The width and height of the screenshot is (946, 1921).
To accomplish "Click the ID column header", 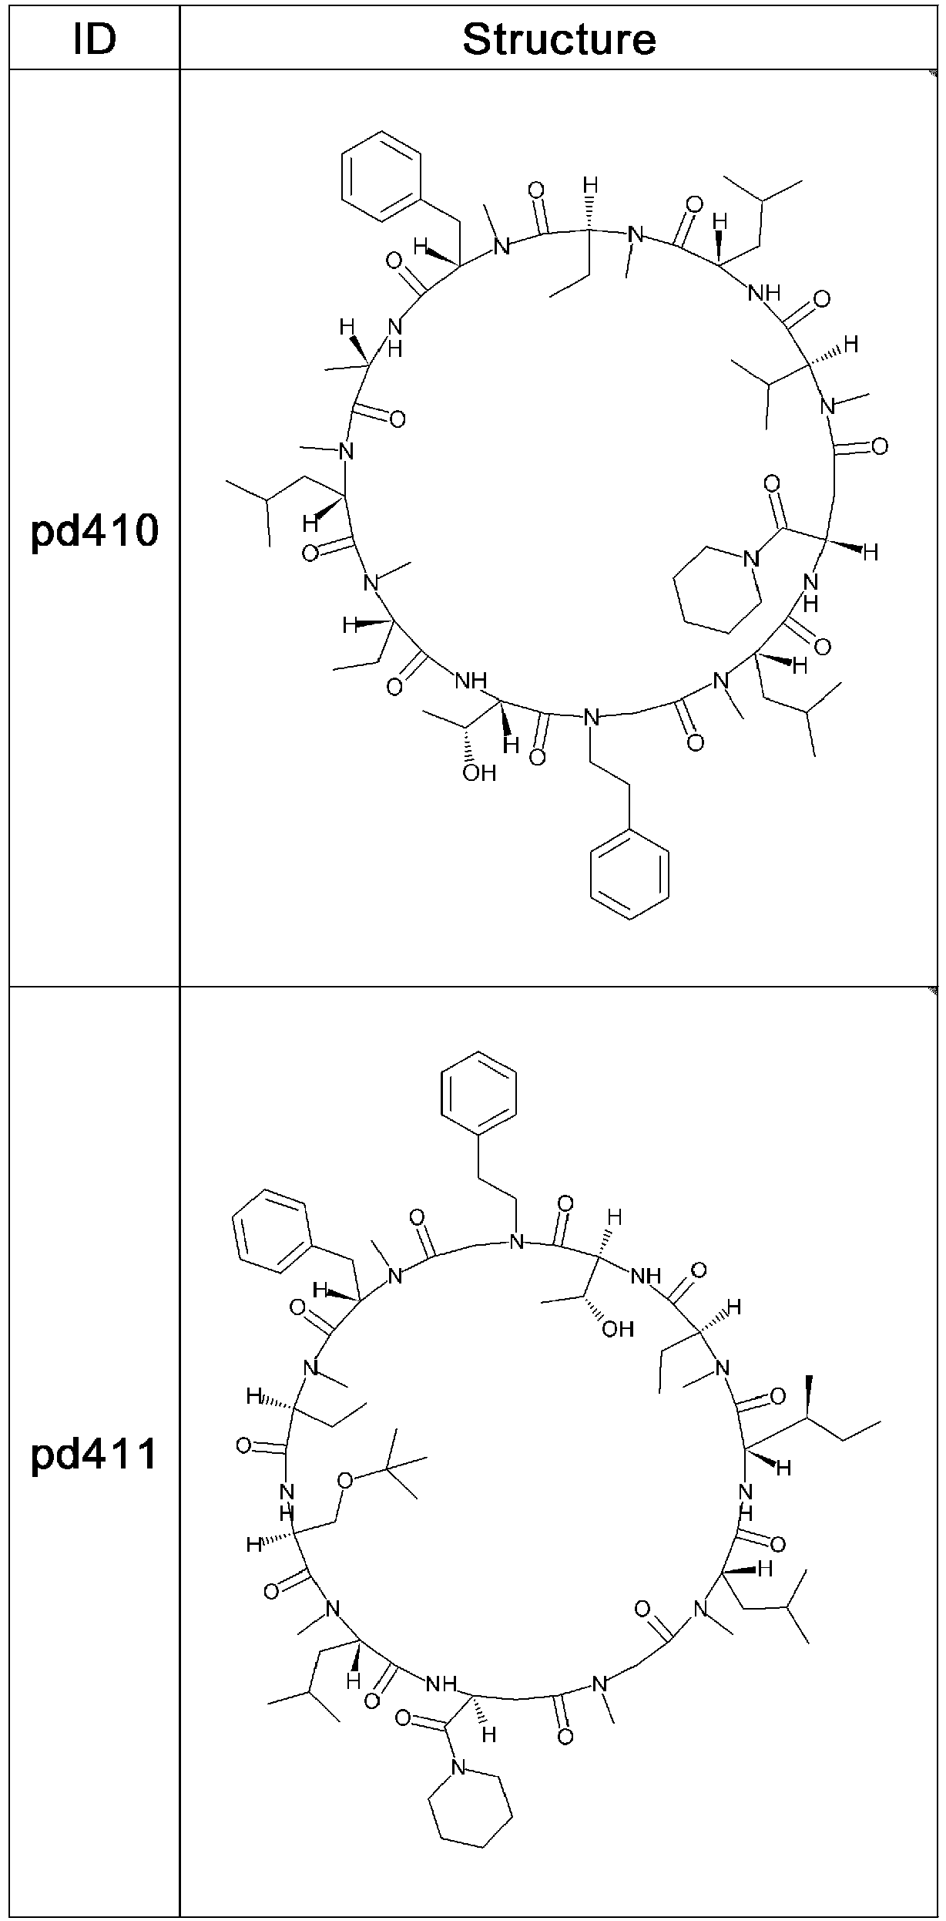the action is tap(95, 39).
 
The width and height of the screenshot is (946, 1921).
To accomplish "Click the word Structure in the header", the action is tap(559, 39).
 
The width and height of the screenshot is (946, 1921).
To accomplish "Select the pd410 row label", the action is tap(95, 532).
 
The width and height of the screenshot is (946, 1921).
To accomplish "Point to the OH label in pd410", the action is tap(478, 773).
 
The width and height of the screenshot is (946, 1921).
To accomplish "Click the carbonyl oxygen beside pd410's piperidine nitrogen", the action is tap(771, 485).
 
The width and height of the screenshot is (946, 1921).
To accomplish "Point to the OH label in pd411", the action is tap(617, 1329).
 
